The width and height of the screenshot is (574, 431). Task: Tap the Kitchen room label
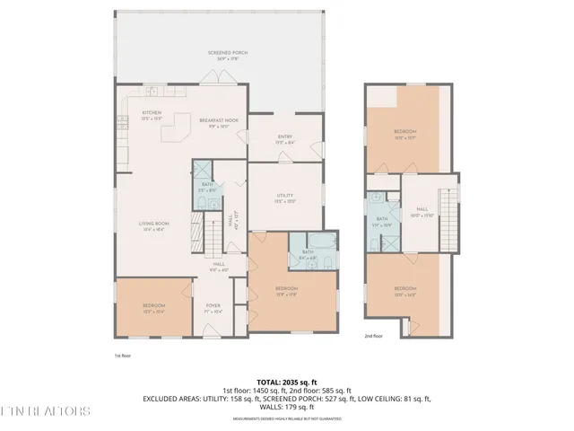(x=151, y=115)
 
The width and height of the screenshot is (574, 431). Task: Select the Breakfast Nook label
(x=219, y=123)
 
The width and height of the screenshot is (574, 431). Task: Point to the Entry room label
(x=285, y=139)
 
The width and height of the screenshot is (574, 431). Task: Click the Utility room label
(x=285, y=198)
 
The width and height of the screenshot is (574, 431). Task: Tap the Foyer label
(x=213, y=308)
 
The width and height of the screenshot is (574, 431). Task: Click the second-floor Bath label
(x=382, y=221)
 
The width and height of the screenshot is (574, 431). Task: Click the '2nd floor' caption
(x=374, y=337)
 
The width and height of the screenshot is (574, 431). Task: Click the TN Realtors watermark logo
(x=45, y=411)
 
